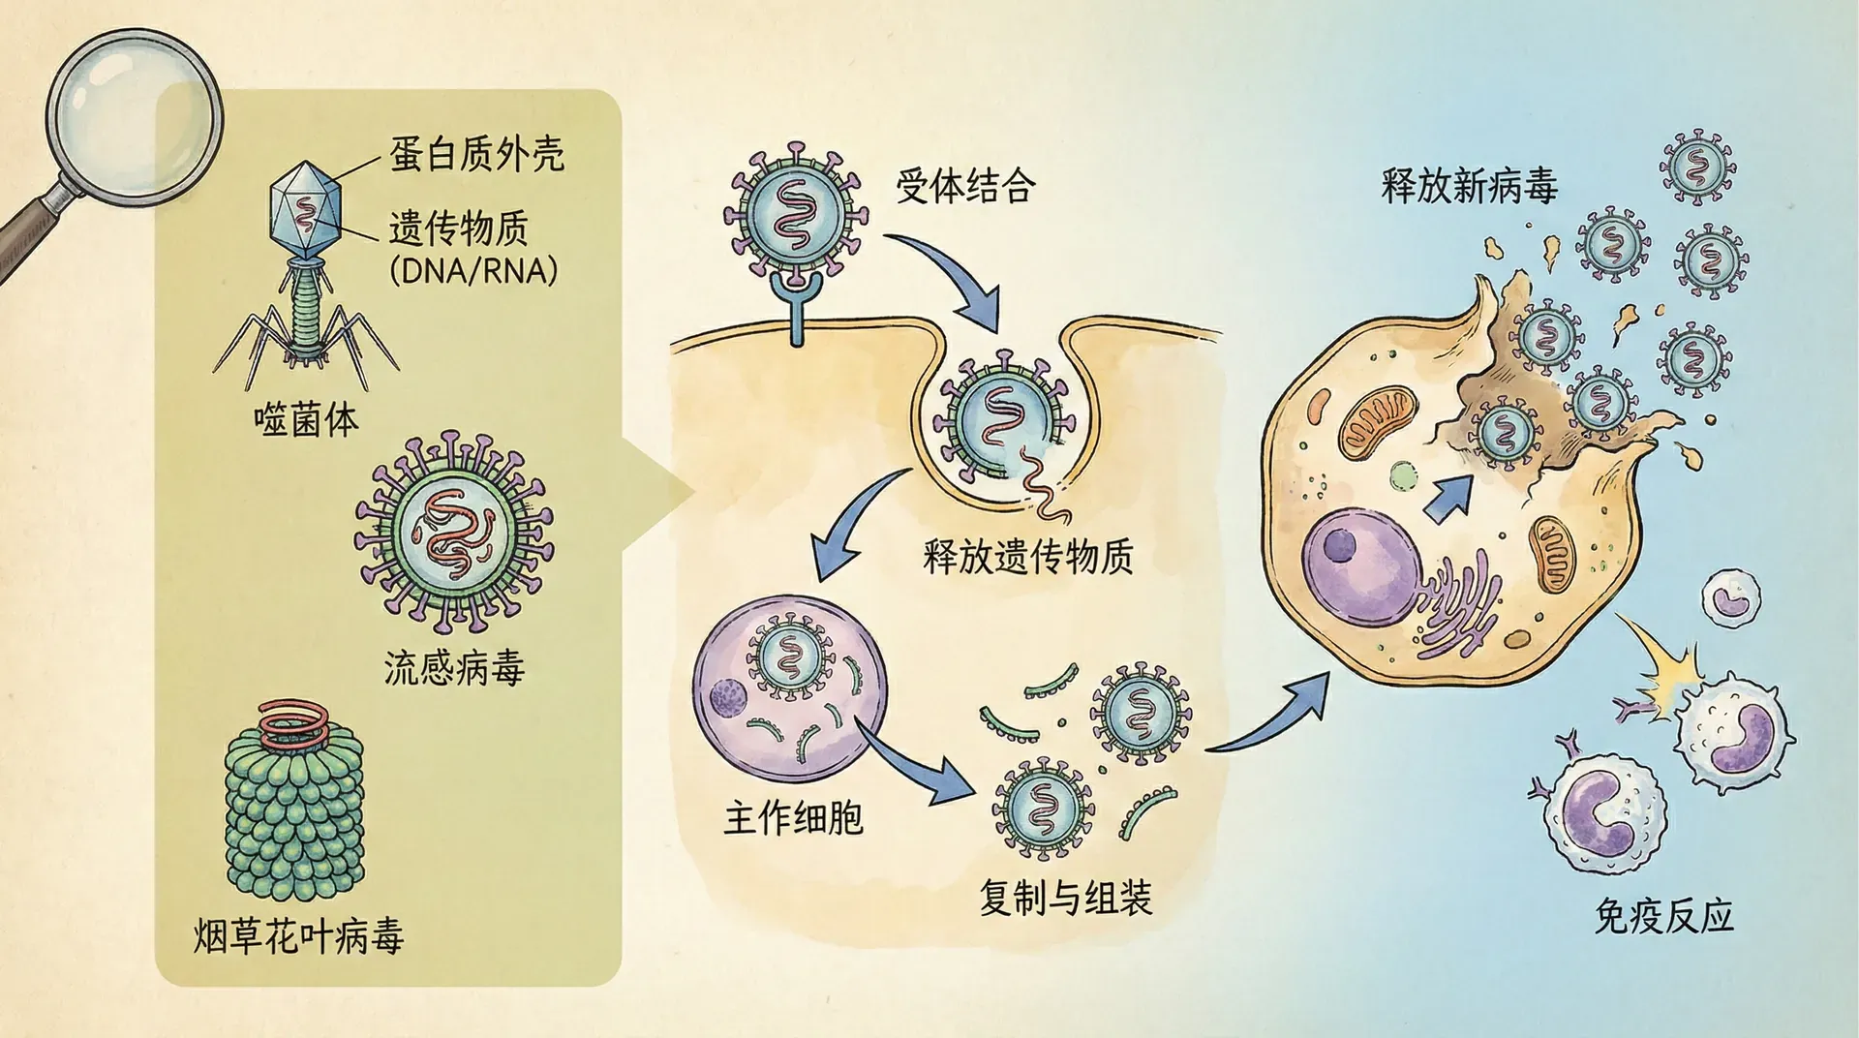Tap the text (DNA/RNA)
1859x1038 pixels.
473,271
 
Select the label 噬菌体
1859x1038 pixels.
306,420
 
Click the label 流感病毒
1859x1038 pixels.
454,669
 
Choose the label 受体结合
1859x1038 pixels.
964,186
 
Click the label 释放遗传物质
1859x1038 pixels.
1028,558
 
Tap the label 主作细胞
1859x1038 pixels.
793,819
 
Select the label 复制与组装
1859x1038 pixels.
1065,899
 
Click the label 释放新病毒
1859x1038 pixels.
1469,184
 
